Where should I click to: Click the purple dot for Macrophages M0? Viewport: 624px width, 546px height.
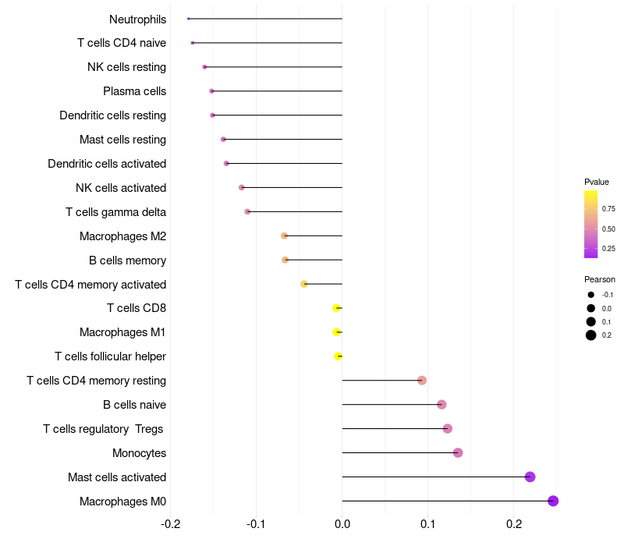[x=553, y=501]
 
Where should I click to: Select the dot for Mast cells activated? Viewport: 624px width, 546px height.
[x=530, y=477]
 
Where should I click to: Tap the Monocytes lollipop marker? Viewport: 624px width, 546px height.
[x=458, y=452]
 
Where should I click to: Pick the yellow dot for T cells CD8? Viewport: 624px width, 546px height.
[x=336, y=308]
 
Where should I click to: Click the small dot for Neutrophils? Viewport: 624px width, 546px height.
[x=189, y=19]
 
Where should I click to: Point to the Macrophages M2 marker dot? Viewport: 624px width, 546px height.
[x=284, y=236]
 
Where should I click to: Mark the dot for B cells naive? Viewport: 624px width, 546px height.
[x=441, y=404]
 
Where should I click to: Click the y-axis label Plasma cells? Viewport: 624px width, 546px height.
[x=134, y=91]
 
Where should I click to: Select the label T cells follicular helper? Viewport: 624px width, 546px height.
[x=110, y=356]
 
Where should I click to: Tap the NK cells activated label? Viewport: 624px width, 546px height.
[x=121, y=188]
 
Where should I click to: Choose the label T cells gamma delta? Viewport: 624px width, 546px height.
[x=115, y=212]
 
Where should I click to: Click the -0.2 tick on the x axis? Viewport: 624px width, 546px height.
[x=170, y=523]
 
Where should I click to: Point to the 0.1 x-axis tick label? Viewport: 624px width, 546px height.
[x=427, y=523]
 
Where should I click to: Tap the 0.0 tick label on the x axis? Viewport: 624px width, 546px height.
[x=342, y=523]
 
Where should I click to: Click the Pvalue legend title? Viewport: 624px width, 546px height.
[x=597, y=182]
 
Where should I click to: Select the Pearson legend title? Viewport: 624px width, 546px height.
[x=599, y=279]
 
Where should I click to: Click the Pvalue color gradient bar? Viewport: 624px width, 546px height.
[x=590, y=224]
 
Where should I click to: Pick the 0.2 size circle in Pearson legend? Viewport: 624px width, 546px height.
[x=591, y=335]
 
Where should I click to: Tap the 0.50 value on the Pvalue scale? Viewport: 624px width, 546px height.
[x=608, y=229]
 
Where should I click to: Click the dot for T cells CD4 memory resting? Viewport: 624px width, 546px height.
[x=422, y=381]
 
